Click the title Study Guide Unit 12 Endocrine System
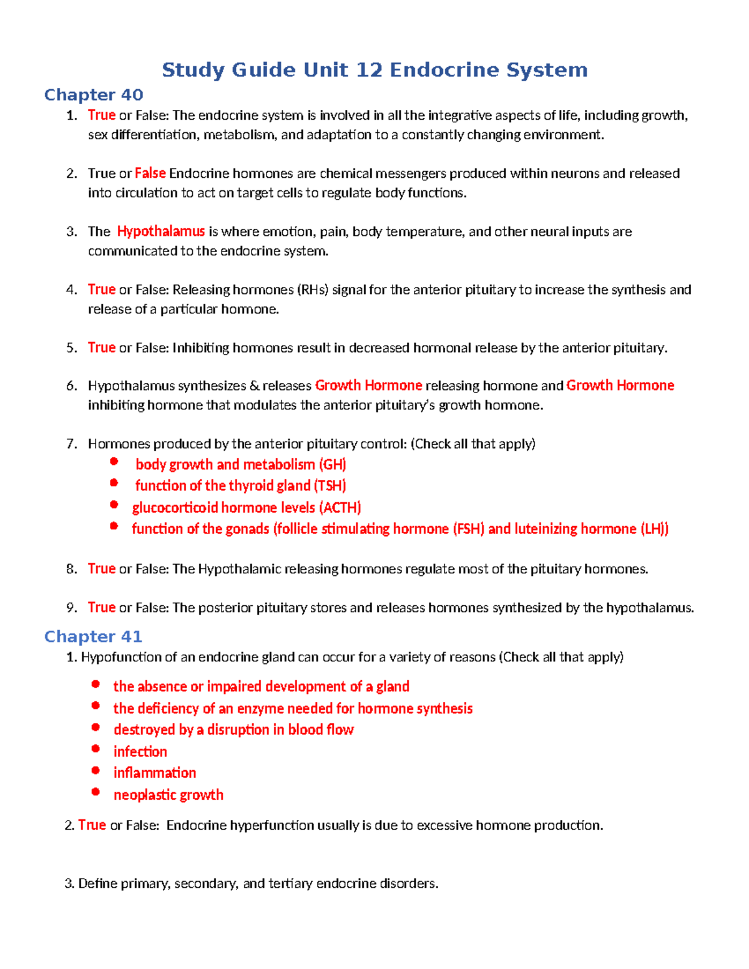[x=374, y=69]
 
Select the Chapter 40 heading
[x=94, y=95]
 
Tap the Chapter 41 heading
[x=93, y=636]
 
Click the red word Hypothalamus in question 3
[x=160, y=231]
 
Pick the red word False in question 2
[x=150, y=173]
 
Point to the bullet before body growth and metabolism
[x=114, y=462]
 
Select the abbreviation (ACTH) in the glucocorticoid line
[x=340, y=507]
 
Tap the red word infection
[x=140, y=751]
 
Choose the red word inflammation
[x=154, y=773]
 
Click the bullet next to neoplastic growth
[x=95, y=792]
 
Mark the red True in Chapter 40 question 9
[x=101, y=608]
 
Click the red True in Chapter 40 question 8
[x=101, y=569]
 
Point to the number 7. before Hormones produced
[x=72, y=444]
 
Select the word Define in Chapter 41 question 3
[x=97, y=884]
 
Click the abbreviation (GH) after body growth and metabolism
[x=332, y=464]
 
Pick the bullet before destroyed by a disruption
[x=95, y=727]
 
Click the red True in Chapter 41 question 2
[x=92, y=825]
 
